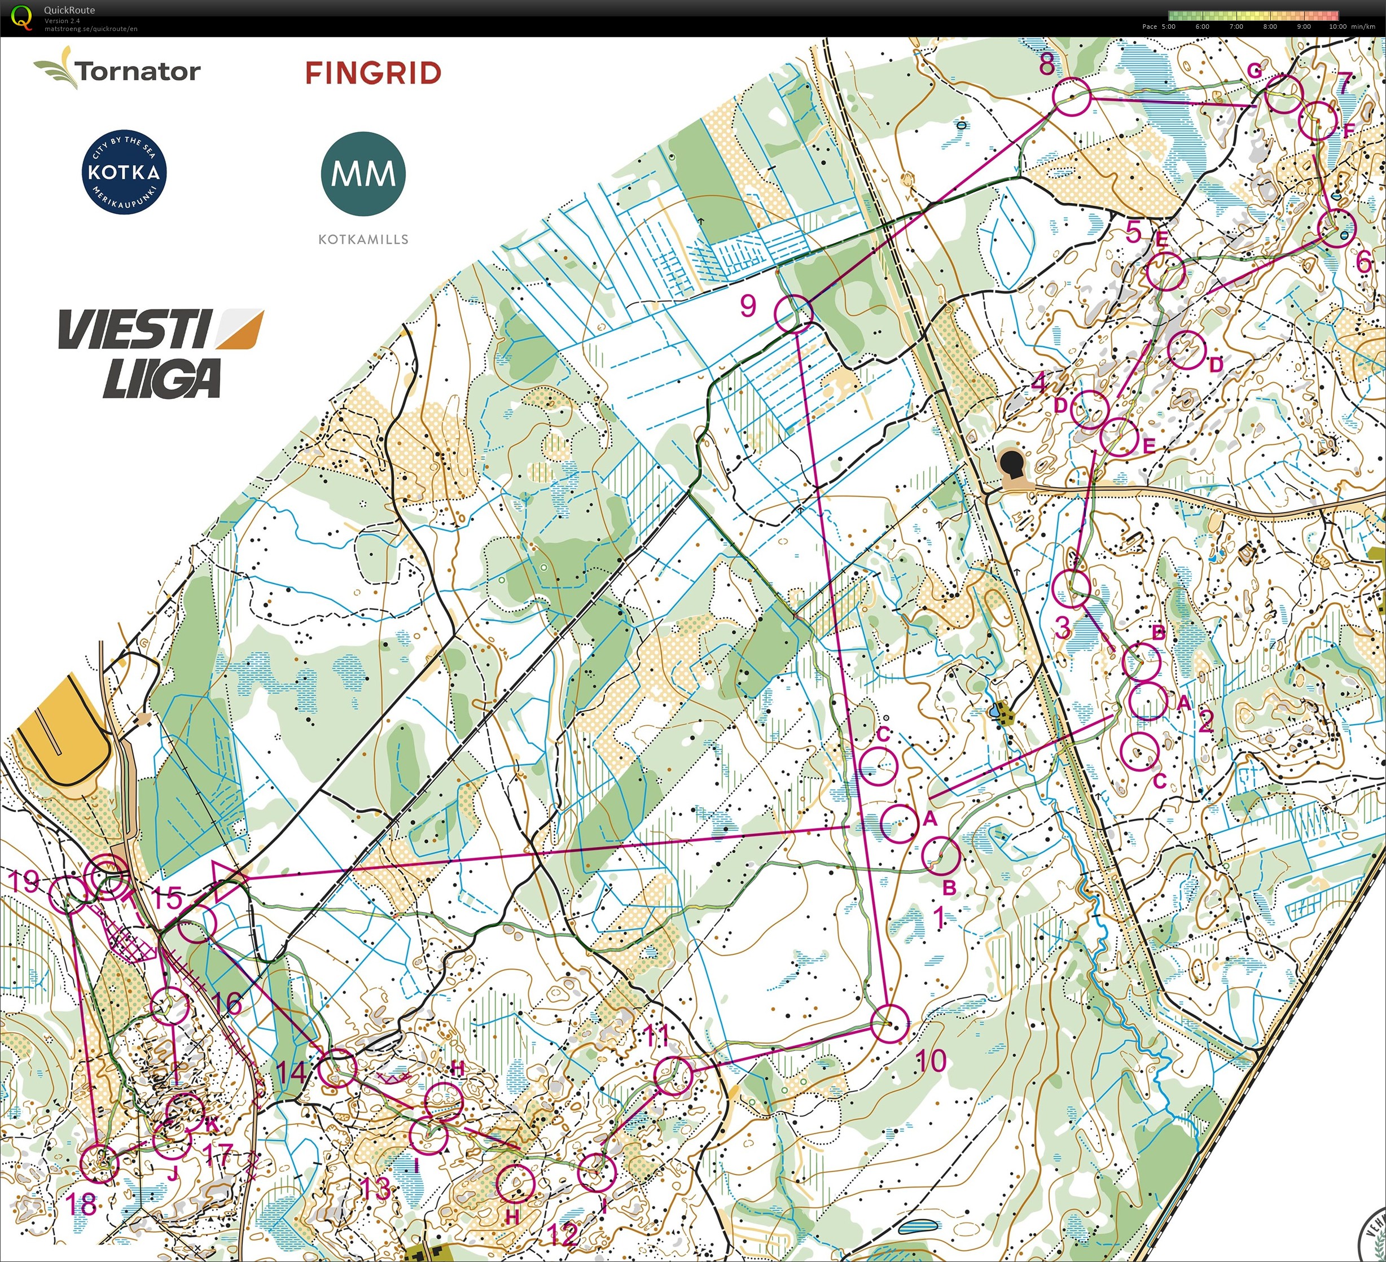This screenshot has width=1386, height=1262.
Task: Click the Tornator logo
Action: pos(117,69)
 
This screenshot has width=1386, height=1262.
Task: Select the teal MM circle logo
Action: pos(363,174)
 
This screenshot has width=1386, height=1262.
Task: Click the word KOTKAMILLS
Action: pos(363,239)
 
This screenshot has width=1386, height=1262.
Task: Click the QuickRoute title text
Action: pos(69,10)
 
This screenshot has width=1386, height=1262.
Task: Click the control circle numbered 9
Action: pos(793,314)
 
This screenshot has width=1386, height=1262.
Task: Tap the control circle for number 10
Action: pos(889,1023)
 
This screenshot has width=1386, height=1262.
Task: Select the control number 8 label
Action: pos(1046,63)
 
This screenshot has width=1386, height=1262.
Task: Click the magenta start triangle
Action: pos(226,881)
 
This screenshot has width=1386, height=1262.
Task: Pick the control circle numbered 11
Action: pos(674,1075)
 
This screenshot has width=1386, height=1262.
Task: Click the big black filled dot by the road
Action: pos(1011,463)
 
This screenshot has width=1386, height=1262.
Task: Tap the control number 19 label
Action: pos(25,881)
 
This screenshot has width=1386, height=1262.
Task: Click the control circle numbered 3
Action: pos(1071,589)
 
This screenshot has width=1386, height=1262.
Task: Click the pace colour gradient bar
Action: pos(1253,15)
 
